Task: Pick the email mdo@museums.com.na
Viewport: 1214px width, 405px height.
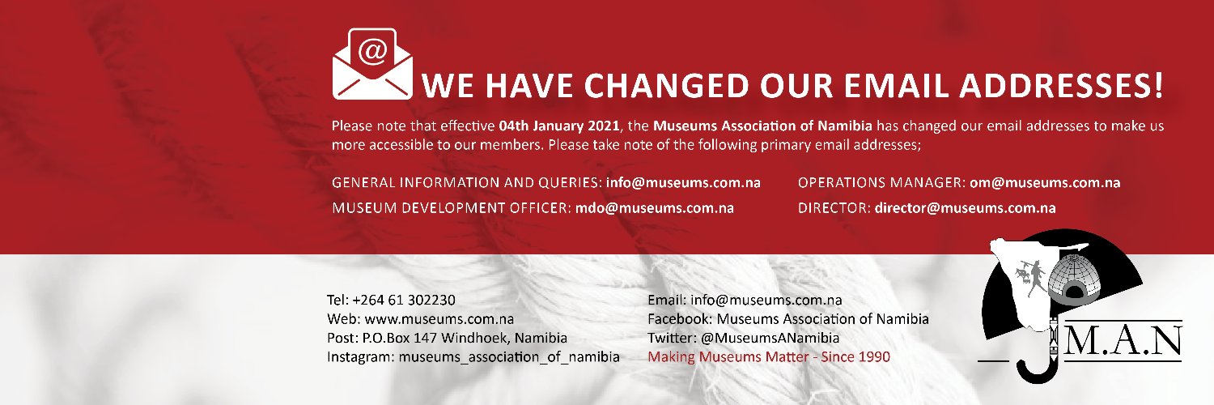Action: (654, 207)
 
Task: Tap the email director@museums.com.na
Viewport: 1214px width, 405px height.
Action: (965, 207)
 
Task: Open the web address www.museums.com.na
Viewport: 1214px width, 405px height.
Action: (444, 318)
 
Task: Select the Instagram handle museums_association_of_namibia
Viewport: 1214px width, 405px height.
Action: (508, 357)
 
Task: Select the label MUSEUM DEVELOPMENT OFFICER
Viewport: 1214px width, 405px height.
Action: (450, 207)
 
